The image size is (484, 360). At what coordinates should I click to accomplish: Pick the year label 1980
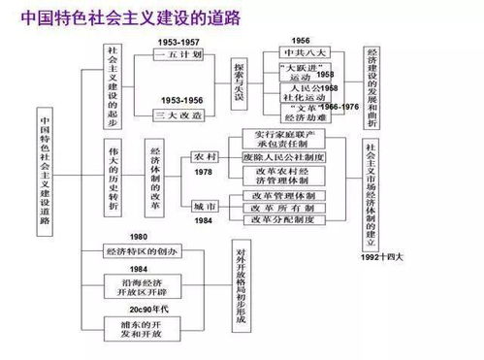pos(139,238)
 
